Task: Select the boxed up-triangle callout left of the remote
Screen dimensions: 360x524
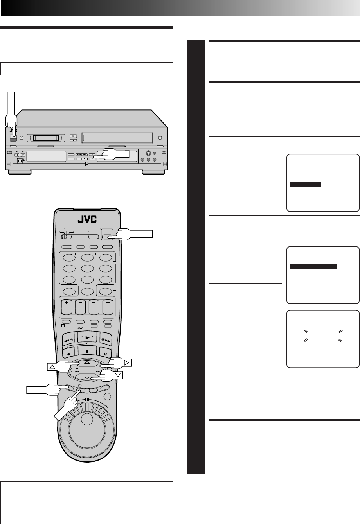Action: point(52,366)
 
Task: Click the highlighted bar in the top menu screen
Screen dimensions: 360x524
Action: point(306,185)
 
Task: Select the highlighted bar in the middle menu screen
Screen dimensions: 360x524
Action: point(313,267)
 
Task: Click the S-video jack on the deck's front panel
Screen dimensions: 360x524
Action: point(148,154)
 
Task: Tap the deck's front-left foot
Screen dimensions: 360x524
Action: point(20,172)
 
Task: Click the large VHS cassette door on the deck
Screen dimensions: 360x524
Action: point(118,137)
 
